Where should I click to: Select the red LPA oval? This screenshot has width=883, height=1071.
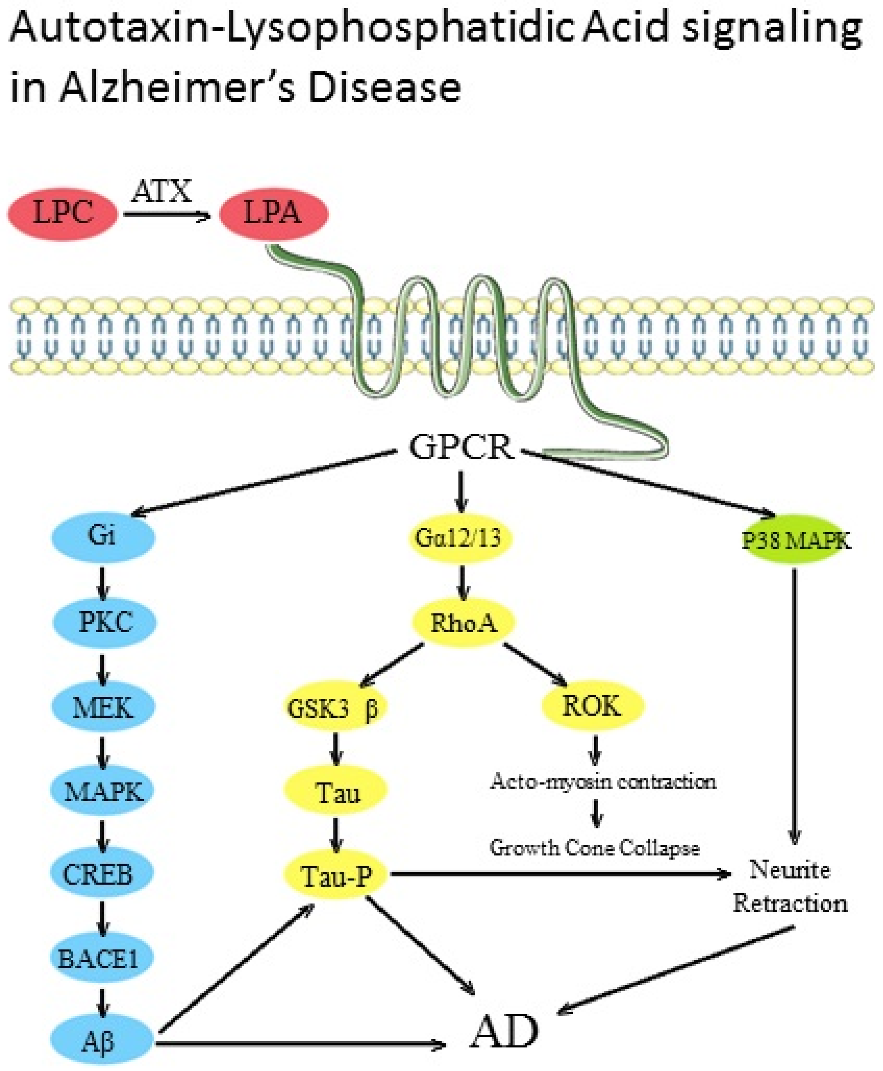274,214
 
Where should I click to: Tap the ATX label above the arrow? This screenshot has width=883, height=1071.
162,192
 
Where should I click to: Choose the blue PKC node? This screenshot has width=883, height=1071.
105,622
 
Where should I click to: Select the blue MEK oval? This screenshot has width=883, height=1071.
103,707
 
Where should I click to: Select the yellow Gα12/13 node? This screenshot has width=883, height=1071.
460,537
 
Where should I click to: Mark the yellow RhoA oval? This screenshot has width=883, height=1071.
463,622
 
